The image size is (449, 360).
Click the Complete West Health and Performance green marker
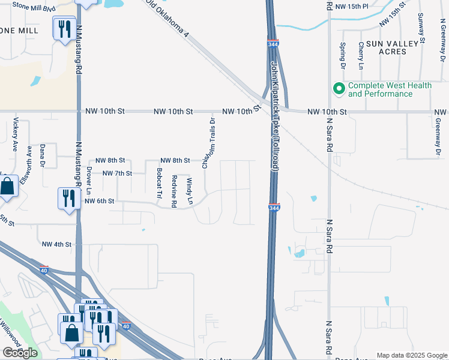(339, 89)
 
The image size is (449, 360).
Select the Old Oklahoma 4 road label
(169, 19)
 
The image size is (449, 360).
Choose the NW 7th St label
(117, 173)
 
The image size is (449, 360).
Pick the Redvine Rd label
(174, 191)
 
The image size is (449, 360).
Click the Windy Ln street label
(189, 191)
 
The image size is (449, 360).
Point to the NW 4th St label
(56, 244)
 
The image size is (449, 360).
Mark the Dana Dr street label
(43, 154)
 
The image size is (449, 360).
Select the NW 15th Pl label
(352, 6)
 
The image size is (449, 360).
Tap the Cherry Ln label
(361, 55)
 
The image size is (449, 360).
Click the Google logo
(20, 353)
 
